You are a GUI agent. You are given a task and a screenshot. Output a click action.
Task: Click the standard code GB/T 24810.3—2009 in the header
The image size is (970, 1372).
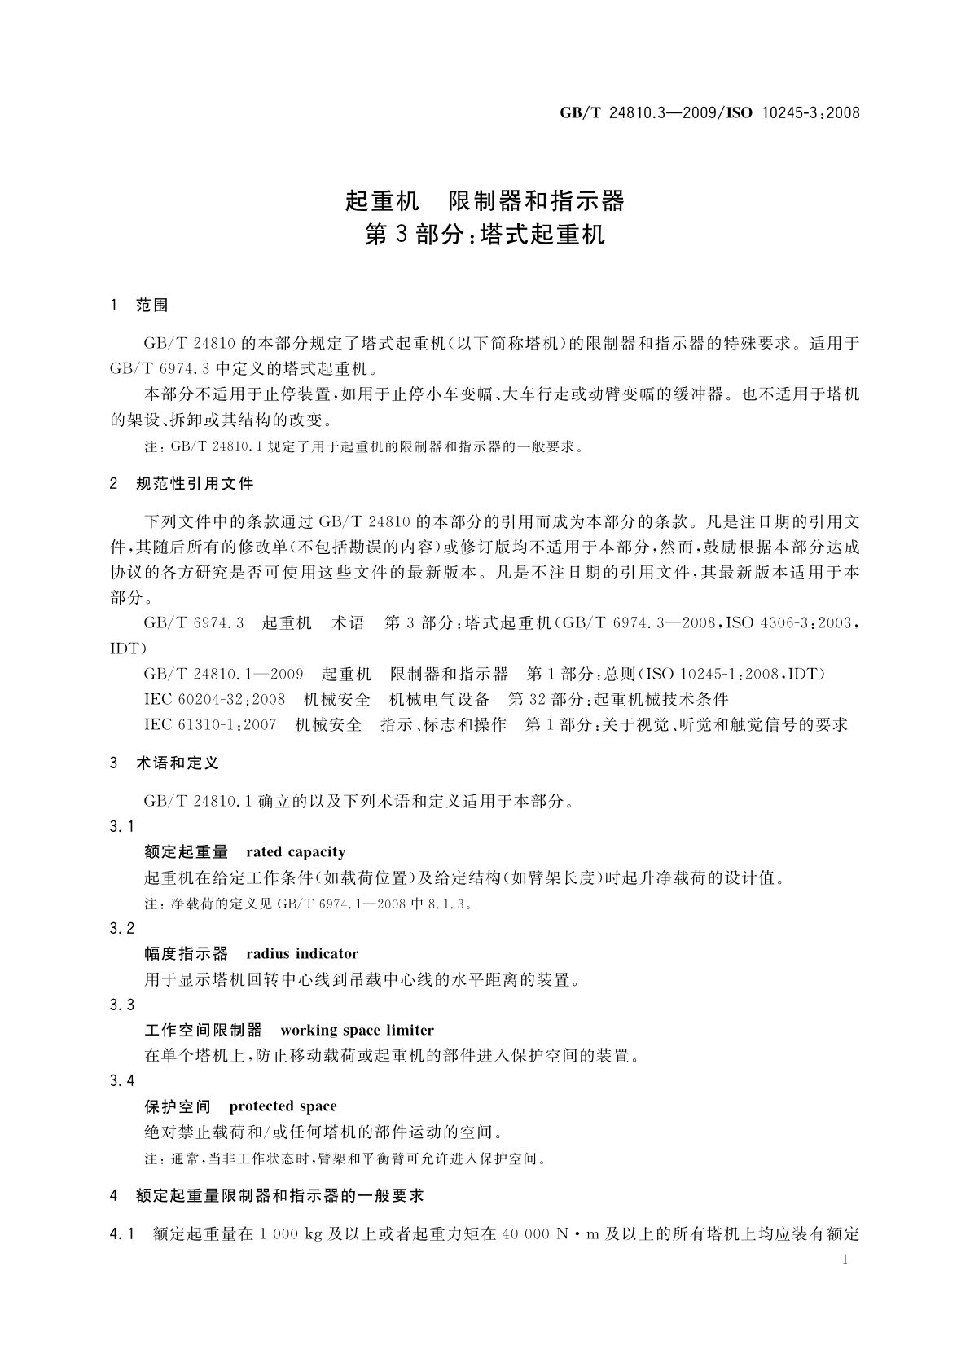tap(637, 113)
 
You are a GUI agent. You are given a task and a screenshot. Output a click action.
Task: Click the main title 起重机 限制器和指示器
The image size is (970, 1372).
tap(485, 200)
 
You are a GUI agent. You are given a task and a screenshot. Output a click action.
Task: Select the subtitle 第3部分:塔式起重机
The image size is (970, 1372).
tap(485, 235)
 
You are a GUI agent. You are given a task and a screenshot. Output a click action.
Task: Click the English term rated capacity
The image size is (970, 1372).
tap(295, 852)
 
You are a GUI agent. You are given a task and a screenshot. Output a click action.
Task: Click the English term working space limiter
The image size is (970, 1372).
tap(357, 1031)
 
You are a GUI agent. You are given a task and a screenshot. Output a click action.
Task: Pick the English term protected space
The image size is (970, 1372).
tap(283, 1106)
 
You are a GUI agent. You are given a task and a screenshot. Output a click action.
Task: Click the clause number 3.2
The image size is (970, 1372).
tap(122, 929)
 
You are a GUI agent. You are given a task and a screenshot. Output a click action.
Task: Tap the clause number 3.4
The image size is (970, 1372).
tap(122, 1081)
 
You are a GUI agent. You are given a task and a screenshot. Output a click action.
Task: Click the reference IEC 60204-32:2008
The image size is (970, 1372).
tap(214, 700)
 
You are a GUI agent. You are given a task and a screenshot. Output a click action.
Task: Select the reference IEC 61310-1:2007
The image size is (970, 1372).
tap(210, 725)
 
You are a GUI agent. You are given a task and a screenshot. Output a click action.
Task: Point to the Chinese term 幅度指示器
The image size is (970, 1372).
tap(186, 954)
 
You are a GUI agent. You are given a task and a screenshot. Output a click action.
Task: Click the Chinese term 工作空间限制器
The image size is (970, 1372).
tap(203, 1031)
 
